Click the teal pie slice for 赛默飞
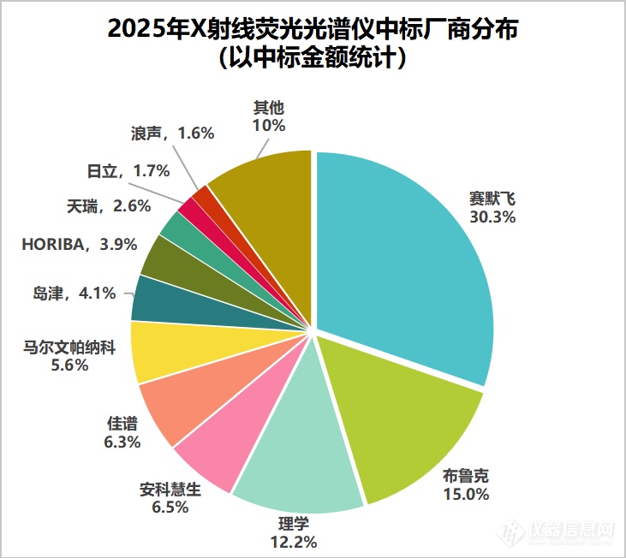(x=402, y=257)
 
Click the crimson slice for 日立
(x=188, y=205)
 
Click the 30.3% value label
(x=492, y=217)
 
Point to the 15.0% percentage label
(x=466, y=494)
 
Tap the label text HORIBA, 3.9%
(x=80, y=245)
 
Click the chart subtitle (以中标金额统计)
(x=313, y=61)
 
